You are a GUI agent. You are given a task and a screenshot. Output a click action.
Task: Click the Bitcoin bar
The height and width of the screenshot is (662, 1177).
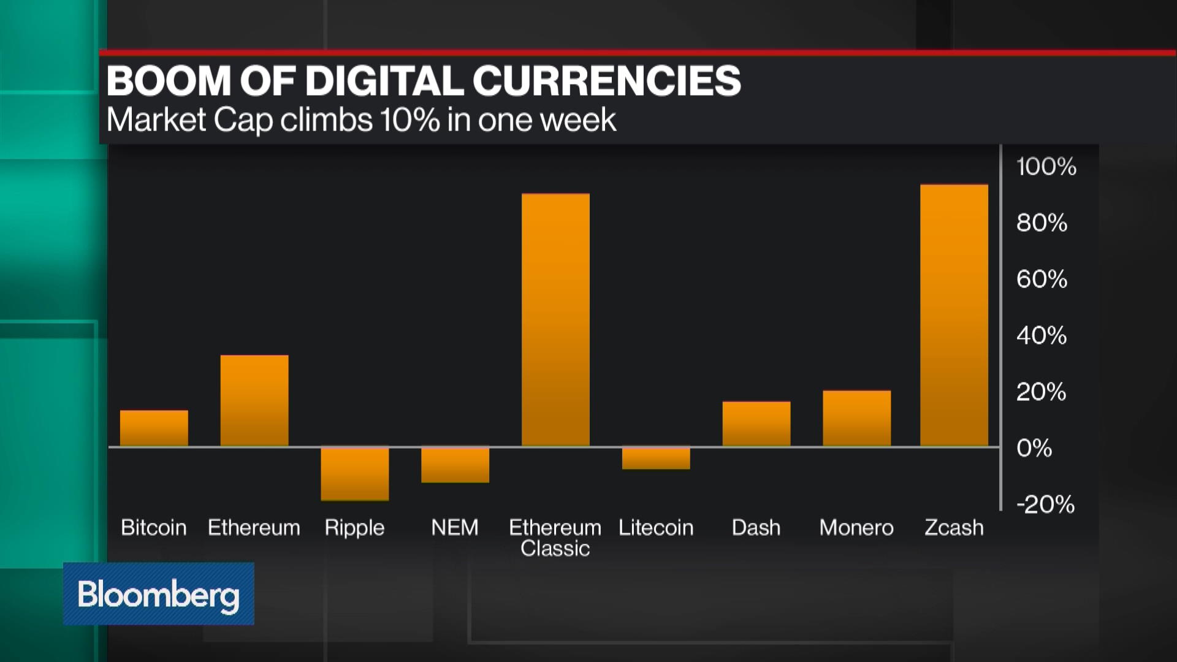[154, 428]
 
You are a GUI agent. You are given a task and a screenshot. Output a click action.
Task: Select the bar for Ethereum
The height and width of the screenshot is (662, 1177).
[254, 400]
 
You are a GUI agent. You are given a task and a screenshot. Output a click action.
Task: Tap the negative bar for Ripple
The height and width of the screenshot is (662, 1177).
[355, 473]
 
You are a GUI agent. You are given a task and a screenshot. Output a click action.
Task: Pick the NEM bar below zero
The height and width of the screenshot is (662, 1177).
[455, 464]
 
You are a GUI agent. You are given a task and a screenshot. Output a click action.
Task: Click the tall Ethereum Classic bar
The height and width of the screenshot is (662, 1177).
[555, 319]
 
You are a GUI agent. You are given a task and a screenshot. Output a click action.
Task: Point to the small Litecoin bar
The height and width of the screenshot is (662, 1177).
[656, 458]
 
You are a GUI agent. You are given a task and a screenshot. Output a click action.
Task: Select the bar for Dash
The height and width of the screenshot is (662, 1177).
[756, 424]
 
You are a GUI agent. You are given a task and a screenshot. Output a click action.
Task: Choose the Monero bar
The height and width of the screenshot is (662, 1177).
[856, 418]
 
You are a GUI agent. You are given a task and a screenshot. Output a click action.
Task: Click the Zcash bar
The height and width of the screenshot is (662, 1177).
[954, 315]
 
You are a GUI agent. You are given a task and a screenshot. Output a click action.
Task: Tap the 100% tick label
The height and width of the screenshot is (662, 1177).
[1046, 167]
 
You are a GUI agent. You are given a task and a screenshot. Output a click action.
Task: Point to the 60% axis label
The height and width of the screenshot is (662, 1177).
[1042, 280]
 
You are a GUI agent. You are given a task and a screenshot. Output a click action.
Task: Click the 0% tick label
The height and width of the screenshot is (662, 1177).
[1034, 448]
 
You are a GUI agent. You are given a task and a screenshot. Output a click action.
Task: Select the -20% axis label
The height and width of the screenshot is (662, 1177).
[1045, 504]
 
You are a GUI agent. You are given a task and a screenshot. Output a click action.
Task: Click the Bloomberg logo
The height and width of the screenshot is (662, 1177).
[158, 594]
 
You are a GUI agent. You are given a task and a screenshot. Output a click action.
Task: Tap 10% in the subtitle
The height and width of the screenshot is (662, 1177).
[409, 120]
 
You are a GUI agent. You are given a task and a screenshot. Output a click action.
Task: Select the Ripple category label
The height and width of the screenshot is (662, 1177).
[354, 528]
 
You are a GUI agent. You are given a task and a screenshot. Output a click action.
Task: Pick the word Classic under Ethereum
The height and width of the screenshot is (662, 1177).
[555, 549]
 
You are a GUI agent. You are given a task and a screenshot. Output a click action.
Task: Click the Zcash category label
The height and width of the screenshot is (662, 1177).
[954, 528]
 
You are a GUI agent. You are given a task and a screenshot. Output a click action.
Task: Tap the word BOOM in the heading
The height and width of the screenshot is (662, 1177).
[169, 81]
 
